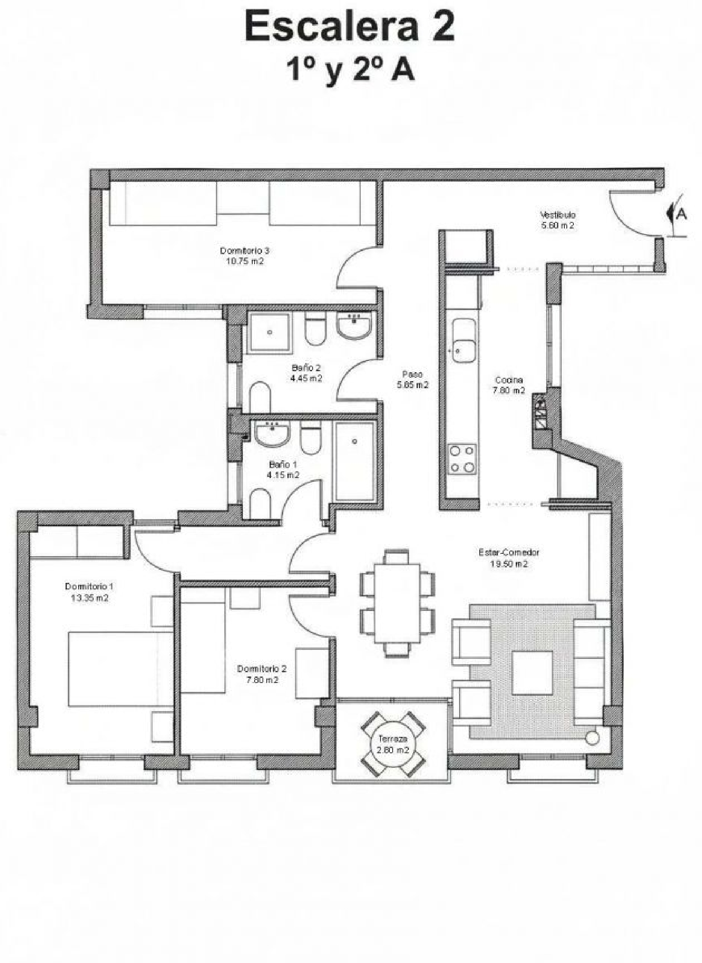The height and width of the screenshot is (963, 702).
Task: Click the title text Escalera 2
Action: pos(349,27)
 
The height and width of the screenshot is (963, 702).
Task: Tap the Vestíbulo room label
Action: pos(557,215)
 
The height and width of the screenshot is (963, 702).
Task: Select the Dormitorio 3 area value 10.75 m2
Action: pos(245,261)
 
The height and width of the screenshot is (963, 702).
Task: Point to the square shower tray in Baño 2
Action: pos(270,332)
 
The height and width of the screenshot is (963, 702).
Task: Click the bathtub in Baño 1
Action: pos(355,461)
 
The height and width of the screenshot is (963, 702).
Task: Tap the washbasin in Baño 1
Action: pos(272,433)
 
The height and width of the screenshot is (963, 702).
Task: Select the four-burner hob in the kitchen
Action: pos(462,459)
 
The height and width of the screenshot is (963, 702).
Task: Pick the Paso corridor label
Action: pos(412,374)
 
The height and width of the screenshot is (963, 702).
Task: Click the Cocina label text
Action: pos(509,380)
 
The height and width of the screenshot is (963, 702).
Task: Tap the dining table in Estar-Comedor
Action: pos(397,603)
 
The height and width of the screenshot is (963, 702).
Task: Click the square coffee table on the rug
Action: pos(532,672)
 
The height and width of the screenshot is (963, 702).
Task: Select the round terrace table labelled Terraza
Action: pos(393,743)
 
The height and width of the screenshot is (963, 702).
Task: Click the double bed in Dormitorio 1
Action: pos(121,669)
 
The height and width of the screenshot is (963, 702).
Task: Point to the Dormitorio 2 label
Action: pos(262,669)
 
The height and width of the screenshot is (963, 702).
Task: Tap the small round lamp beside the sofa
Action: pos(592,738)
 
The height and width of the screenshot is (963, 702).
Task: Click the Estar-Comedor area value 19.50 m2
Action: pos(509,564)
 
